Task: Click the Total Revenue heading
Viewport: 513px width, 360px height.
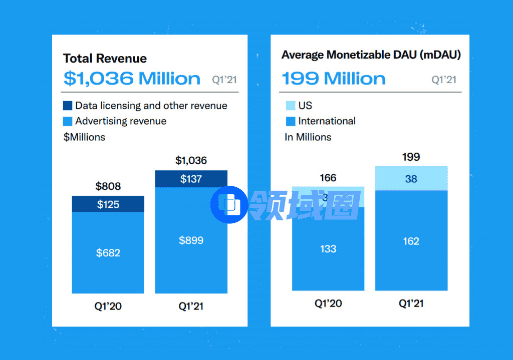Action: (105, 58)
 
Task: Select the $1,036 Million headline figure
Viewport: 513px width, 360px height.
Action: (132, 79)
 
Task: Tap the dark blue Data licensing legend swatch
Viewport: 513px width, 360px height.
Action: (68, 106)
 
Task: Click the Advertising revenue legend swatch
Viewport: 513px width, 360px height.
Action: (68, 121)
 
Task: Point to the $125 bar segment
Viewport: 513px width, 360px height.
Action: (108, 204)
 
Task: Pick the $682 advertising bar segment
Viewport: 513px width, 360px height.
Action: (108, 252)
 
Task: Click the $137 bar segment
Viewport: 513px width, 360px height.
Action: (191, 179)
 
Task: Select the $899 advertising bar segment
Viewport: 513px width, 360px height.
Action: (191, 240)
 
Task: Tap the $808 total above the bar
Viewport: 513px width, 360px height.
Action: (108, 186)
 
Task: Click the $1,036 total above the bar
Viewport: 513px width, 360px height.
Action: (191, 161)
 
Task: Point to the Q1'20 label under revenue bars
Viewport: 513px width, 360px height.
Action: (108, 306)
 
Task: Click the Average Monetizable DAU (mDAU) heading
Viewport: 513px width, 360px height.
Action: (371, 55)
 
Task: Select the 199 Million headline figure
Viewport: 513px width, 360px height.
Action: (334, 79)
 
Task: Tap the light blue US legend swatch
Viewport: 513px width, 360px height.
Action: (290, 106)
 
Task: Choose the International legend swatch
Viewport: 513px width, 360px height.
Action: (290, 121)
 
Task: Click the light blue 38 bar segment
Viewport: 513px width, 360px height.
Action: (411, 179)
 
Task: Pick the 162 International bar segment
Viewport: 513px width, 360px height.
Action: (411, 241)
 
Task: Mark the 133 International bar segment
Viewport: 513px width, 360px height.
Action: (328, 249)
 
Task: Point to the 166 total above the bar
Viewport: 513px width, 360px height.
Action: (328, 178)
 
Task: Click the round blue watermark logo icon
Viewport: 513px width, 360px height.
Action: (229, 204)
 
